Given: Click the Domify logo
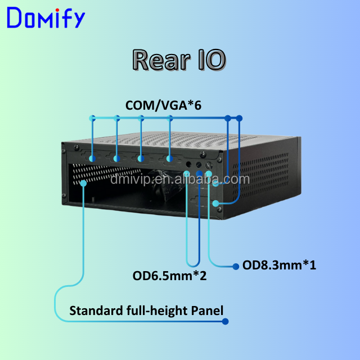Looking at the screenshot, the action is point(46,19).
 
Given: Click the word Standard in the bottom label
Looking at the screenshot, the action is point(93,310).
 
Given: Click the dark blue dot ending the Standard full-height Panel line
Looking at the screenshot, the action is point(226,322).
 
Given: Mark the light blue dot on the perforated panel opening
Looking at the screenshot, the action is point(83,183).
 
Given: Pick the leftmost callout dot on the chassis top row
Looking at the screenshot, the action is point(92,160).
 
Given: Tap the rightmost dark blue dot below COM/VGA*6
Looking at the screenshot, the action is point(240,118).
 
